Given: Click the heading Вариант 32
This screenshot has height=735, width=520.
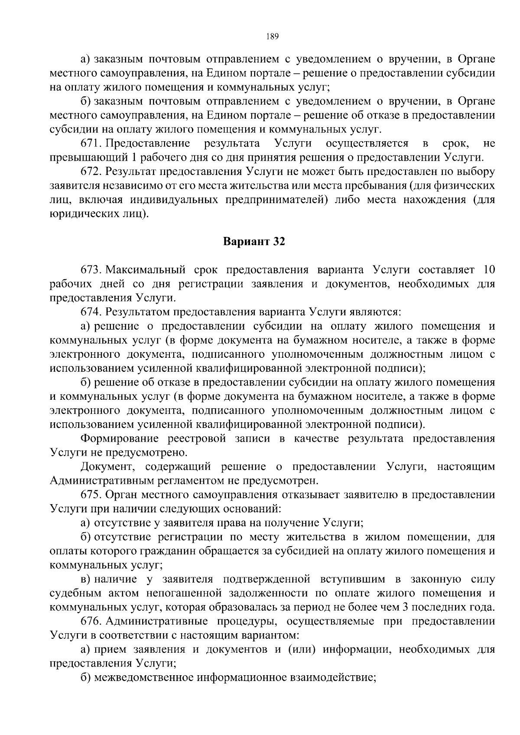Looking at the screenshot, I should [x=254, y=242].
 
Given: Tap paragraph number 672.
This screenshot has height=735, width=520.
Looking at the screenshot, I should [x=91, y=172].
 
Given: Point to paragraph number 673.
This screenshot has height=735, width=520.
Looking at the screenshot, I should [x=91, y=270].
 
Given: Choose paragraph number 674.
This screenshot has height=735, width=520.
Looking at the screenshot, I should [x=91, y=312].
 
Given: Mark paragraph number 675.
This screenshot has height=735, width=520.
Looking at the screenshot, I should [x=91, y=495].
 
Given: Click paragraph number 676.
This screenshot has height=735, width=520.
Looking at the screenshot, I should [x=91, y=622].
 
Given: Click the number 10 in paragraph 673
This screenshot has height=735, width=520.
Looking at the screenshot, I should [x=488, y=270].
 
